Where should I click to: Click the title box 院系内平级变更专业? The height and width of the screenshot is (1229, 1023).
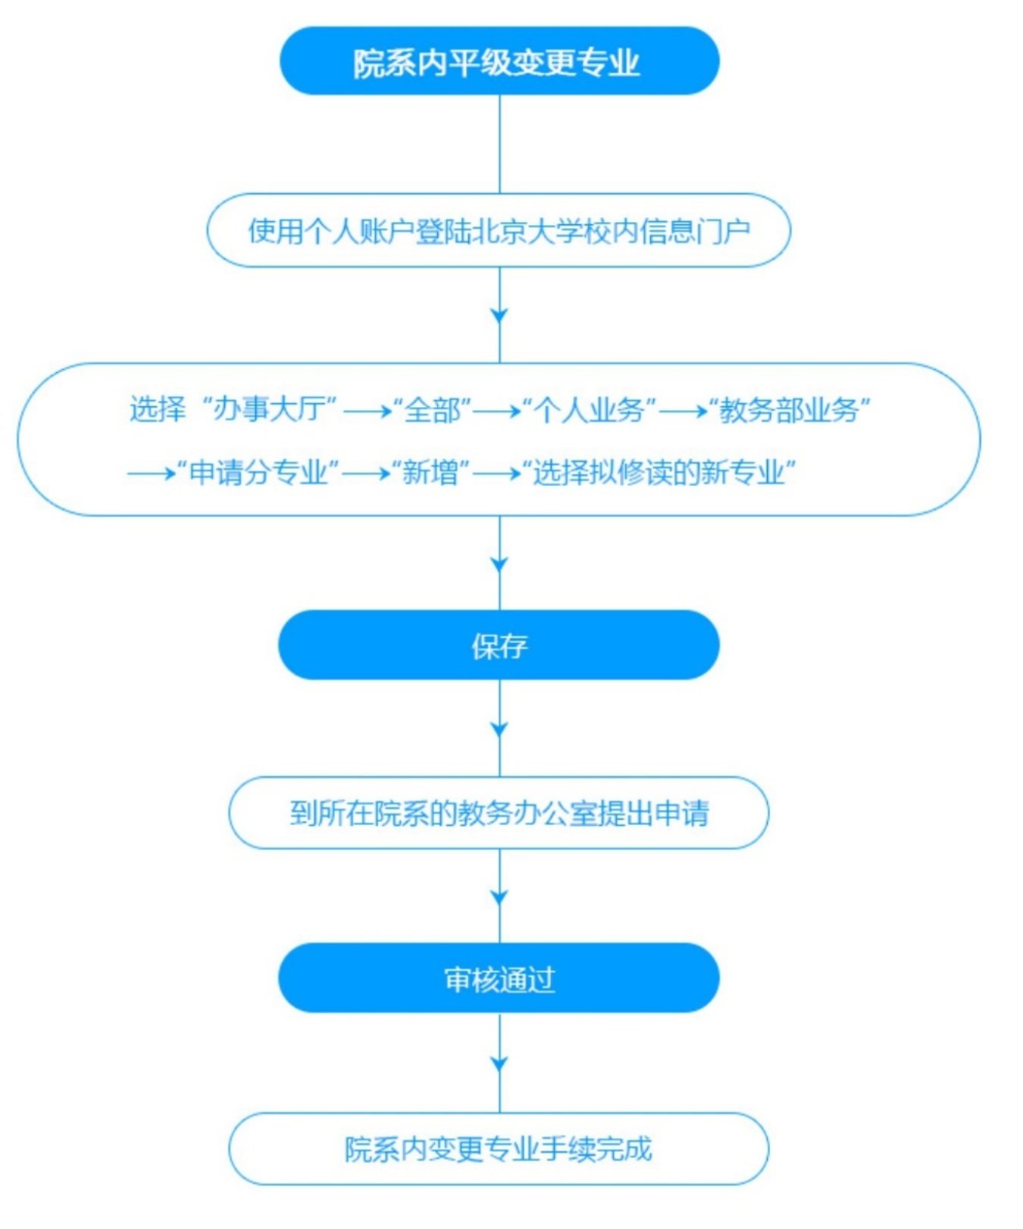499,61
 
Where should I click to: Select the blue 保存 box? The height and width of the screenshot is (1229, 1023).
499,645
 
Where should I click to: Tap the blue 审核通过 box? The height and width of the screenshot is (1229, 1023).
499,979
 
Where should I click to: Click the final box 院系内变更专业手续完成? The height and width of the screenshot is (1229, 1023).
499,1149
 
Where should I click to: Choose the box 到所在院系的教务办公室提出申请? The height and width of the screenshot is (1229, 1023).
499,813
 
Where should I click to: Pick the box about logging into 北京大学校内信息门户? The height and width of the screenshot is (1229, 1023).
499,230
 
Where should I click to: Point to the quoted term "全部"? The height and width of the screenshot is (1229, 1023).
433,410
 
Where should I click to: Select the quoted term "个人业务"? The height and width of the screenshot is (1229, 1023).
590,410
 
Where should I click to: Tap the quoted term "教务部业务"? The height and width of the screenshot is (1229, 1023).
789,410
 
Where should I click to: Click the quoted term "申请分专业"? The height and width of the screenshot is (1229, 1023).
258,473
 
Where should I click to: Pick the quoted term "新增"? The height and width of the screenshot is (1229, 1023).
430,473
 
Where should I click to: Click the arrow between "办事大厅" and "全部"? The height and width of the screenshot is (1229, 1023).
367,412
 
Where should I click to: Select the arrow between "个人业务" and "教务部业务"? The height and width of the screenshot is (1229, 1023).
683,412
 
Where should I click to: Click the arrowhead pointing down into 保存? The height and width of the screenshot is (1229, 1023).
499,565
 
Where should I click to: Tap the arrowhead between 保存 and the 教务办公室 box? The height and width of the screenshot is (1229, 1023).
499,730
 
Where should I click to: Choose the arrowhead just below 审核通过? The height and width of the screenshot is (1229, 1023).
499,1064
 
